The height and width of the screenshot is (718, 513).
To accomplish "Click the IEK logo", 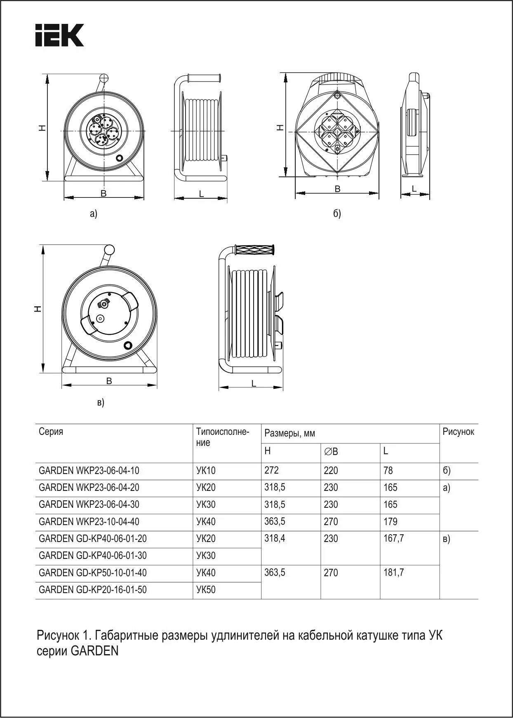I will click(x=59, y=35).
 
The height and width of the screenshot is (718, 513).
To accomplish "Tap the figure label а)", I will click(x=94, y=214).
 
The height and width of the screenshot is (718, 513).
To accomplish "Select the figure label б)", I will click(x=337, y=214).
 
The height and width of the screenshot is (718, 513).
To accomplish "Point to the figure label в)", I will click(x=101, y=402).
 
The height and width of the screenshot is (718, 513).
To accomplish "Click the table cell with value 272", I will click(x=271, y=470).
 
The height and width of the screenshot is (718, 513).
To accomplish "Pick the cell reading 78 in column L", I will click(x=388, y=470).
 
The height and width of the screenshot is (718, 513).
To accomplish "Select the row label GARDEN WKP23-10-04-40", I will click(x=89, y=522).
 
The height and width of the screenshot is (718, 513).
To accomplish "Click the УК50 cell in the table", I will click(x=206, y=590).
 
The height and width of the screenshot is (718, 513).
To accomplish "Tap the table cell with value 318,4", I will click(x=275, y=539).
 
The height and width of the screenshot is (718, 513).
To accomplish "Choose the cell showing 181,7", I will click(x=393, y=573).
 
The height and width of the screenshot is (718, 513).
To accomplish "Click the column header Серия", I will click(x=51, y=432).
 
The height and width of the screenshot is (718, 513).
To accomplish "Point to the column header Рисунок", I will click(x=458, y=432).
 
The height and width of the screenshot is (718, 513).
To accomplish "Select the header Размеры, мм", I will click(x=289, y=434).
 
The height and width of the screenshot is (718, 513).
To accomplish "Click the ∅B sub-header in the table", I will click(x=331, y=452).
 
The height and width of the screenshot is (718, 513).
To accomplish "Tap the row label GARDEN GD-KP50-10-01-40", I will click(x=92, y=573).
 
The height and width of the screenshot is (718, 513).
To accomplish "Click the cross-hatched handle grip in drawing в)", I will click(x=254, y=250).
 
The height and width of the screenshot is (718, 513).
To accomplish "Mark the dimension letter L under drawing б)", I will click(x=414, y=188).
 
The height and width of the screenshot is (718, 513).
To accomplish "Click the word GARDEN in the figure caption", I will click(x=95, y=652).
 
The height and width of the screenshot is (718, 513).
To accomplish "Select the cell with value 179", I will click(x=390, y=522).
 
